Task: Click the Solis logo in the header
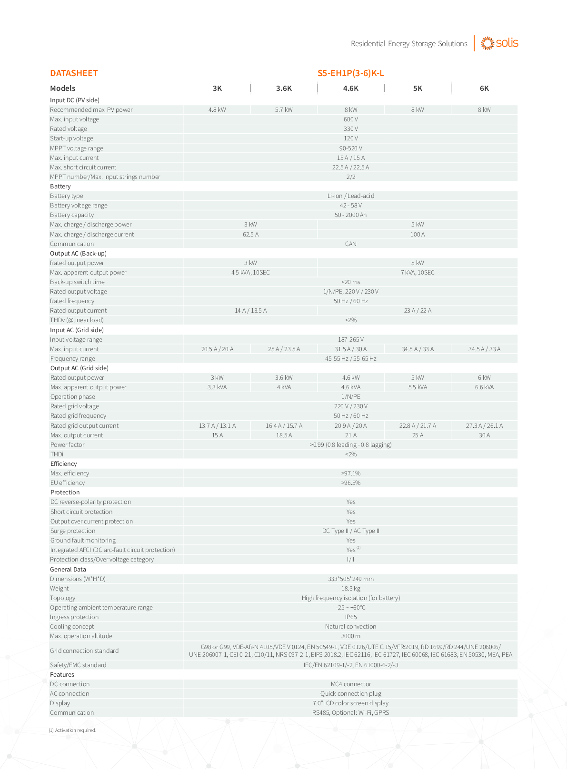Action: (499, 43)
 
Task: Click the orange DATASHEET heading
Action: (74, 73)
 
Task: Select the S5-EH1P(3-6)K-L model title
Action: (350, 73)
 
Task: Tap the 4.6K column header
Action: (350, 89)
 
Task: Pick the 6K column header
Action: (484, 89)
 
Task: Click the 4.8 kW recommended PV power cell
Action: (217, 110)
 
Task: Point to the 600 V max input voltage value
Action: (350, 119)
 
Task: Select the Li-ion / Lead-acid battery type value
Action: (350, 196)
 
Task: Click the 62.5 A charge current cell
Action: (250, 235)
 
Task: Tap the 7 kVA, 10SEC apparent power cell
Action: (418, 273)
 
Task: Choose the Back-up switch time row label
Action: (77, 282)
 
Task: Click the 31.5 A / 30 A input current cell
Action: (350, 349)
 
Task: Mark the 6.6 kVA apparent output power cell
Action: (484, 387)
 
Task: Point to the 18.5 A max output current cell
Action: (284, 435)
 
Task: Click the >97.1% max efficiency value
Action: (350, 473)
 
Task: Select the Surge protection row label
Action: (73, 531)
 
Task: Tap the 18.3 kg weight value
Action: (350, 589)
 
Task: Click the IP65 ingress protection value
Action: (350, 617)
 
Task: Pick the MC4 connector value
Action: (350, 684)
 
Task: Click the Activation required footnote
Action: (73, 730)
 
